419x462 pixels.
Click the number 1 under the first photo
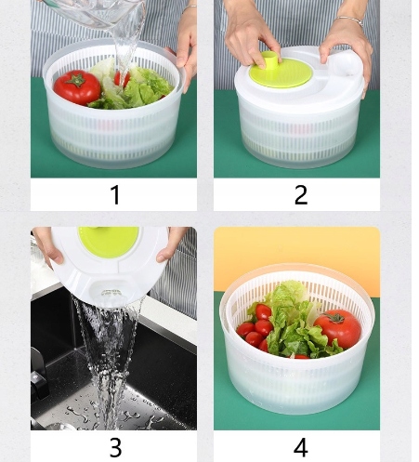(x=115, y=194)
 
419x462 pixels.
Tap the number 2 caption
(x=301, y=194)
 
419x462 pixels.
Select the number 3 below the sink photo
(x=115, y=447)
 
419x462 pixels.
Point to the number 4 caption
(x=300, y=447)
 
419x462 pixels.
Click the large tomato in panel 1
(x=77, y=87)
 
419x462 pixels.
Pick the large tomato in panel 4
(x=337, y=329)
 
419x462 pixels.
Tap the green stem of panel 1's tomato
(x=76, y=80)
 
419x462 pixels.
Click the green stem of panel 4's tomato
(x=334, y=318)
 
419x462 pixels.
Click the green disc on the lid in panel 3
(x=109, y=241)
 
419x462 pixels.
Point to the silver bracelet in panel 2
(x=351, y=20)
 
